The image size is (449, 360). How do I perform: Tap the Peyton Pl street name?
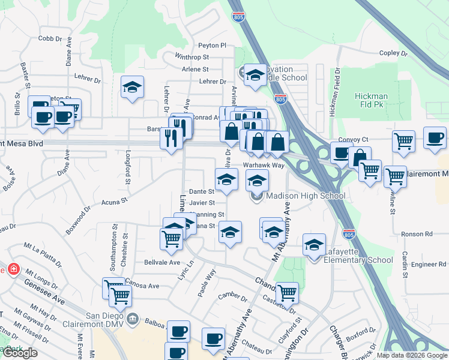[x=212, y=45]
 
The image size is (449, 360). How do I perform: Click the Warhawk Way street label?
[x=263, y=165]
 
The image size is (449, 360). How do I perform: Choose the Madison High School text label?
[x=305, y=196]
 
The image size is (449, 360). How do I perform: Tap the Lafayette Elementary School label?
[x=358, y=256]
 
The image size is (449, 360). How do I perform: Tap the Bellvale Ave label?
[x=162, y=262]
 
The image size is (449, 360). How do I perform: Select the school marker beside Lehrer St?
[x=132, y=88]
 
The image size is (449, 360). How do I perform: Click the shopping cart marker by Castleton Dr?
[x=287, y=293]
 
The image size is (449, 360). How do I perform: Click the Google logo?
[x=19, y=353]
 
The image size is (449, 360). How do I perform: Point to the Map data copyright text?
[x=412, y=355]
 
